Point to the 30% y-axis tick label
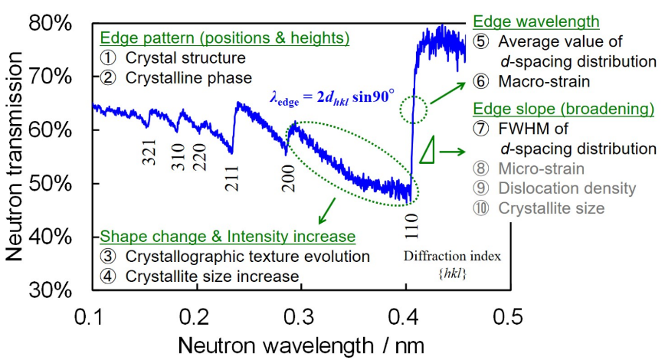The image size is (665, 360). pyautogui.click(x=51, y=290)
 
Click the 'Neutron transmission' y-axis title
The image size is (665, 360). pyautogui.click(x=16, y=157)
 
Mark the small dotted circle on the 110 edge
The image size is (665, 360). pyautogui.click(x=415, y=110)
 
